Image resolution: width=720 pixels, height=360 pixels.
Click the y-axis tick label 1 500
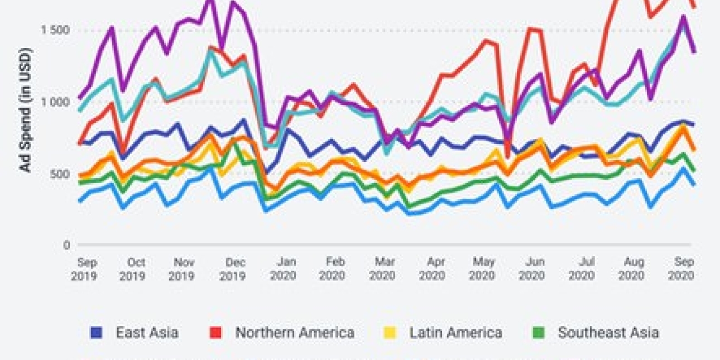pos(54,30)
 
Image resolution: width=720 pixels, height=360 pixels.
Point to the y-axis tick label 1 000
pos(54,102)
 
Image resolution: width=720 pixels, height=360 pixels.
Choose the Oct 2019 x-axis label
pos(133,269)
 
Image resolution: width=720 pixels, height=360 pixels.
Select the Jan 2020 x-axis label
pos(283,269)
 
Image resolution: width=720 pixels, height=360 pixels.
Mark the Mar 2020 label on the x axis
pos(382,269)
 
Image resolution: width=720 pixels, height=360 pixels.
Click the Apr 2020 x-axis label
pos(433,269)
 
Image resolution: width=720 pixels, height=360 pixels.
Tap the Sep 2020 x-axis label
pos(681,269)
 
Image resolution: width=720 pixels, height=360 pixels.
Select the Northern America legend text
pos(295,333)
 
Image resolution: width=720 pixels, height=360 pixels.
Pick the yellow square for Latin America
pos(390,333)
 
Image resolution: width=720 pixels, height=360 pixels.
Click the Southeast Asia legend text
pos(608,333)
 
